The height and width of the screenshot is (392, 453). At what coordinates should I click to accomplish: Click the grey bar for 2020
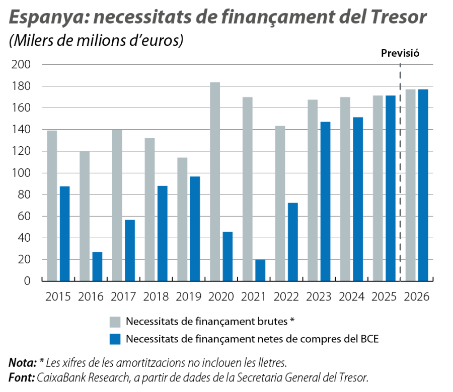(x=215, y=181)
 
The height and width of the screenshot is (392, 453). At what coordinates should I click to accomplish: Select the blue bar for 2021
(x=260, y=270)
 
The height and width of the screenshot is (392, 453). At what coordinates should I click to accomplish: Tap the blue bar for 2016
(x=97, y=266)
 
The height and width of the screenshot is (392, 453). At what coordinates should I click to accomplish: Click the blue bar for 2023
(x=325, y=201)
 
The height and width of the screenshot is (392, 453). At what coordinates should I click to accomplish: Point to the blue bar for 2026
(x=423, y=184)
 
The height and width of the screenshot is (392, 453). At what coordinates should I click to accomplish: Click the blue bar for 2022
(x=292, y=241)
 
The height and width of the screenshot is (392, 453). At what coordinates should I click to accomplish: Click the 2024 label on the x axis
(x=351, y=296)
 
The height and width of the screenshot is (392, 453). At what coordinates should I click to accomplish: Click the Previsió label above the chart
(x=400, y=53)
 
